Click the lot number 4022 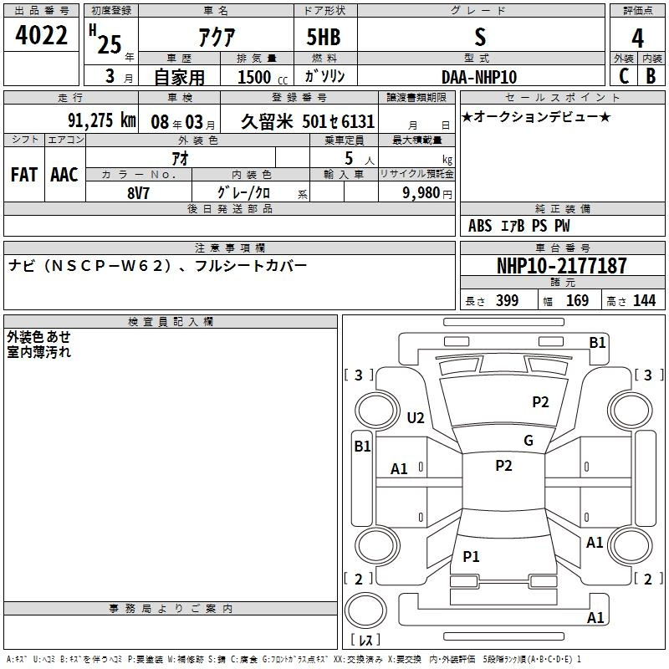coord(41,35)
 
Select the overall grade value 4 coord(637,38)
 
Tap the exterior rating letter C coord(624,76)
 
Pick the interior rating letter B coord(651,76)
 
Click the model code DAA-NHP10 coord(479,77)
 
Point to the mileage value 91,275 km coord(102,120)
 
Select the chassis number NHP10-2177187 coord(562,265)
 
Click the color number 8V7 coord(138,193)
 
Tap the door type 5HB coord(324,37)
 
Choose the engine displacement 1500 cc coord(263,77)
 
